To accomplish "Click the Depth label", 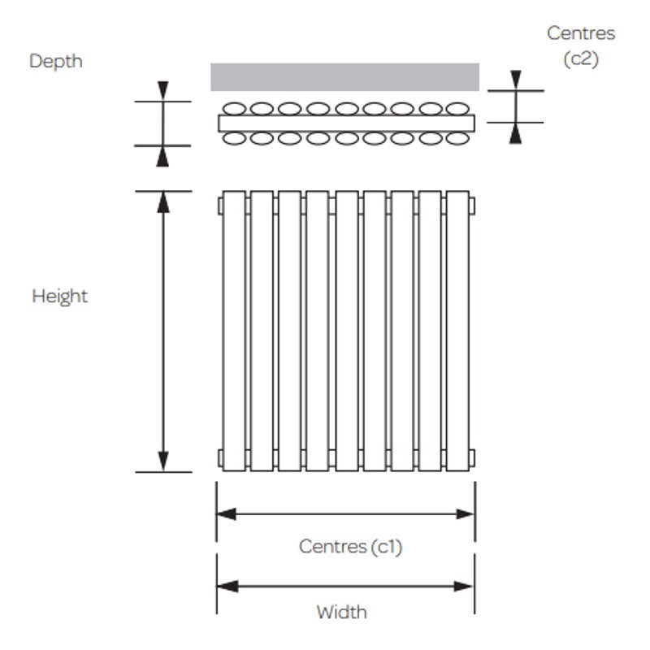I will (56, 61).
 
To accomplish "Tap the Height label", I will (59, 296).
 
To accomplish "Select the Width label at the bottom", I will (341, 611).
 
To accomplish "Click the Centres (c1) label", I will (350, 546).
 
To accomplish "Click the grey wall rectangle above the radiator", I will (344, 77).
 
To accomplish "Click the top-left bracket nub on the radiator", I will (219, 209).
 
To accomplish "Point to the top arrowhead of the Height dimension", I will (163, 201).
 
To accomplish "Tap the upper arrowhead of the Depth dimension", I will (163, 90).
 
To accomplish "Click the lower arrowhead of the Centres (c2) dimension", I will (514, 133).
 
